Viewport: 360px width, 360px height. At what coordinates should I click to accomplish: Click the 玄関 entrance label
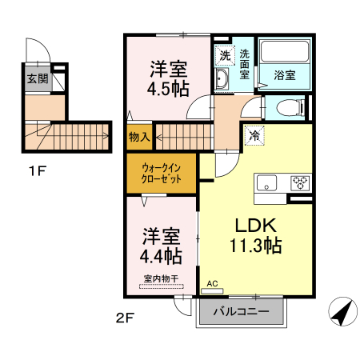click(x=37, y=78)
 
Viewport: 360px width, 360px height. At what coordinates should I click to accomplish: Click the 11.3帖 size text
click(x=254, y=246)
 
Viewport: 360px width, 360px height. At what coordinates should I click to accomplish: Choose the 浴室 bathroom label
click(x=285, y=77)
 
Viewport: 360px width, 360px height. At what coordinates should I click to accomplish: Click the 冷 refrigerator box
click(x=254, y=136)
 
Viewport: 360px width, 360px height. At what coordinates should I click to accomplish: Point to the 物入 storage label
click(x=140, y=137)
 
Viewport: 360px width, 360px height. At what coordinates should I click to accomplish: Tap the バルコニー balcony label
click(x=241, y=312)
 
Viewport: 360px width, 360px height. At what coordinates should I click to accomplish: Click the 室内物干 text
click(x=160, y=278)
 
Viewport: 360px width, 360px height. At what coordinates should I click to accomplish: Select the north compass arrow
click(x=343, y=311)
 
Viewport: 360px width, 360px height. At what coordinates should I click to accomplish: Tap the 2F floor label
click(x=124, y=316)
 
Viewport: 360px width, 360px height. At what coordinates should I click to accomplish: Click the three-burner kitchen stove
click(x=299, y=182)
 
